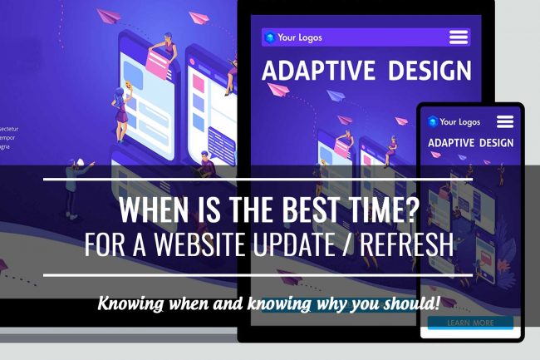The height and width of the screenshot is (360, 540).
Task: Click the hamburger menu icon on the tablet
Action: pos(459,37)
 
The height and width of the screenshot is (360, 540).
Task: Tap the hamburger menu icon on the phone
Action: pos(504,121)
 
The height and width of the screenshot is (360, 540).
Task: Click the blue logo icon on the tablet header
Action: pos(269,37)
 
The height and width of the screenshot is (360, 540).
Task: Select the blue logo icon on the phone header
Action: pos(432,121)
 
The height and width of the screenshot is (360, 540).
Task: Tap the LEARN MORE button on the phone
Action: pos(470,323)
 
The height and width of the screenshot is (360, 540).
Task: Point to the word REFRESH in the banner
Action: pos(402,246)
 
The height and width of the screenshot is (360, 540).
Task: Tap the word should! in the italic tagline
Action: pos(410,303)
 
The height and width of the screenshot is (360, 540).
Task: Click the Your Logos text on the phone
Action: pos(459,121)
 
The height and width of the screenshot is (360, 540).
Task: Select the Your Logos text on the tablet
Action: pos(300,37)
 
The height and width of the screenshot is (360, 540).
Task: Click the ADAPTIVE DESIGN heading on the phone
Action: pos(470,143)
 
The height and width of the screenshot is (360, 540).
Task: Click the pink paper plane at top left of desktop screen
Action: pos(110,15)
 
